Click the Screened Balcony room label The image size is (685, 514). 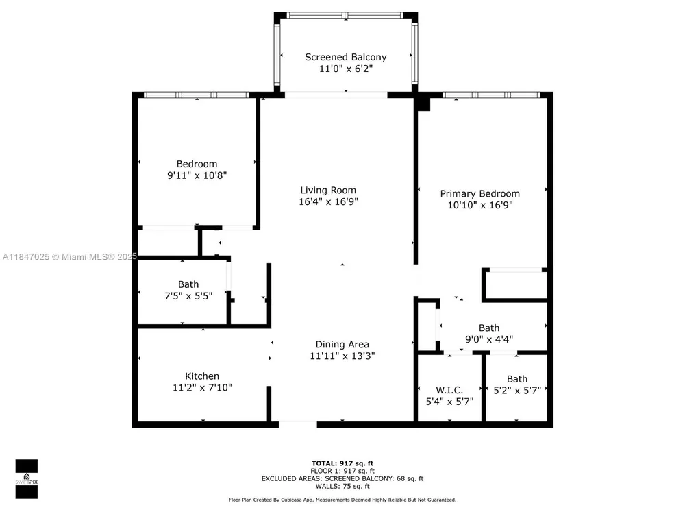[345, 57]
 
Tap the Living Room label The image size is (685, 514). [328, 190]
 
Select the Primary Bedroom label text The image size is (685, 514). [480, 194]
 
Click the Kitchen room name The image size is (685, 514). [202, 376]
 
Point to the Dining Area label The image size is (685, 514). [342, 345]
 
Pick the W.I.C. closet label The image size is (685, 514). [449, 390]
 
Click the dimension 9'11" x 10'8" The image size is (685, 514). [197, 175]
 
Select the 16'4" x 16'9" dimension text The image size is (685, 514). [328, 201]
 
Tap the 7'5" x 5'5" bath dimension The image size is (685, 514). [188, 296]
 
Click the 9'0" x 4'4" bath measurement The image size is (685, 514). [489, 339]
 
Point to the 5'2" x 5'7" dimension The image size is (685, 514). [516, 391]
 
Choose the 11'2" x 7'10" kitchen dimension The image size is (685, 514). [202, 387]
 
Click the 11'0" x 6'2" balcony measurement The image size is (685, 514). [345, 69]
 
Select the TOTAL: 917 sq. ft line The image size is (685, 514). [342, 463]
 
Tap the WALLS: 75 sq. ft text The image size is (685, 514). [342, 486]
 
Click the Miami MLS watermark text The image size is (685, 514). [70, 257]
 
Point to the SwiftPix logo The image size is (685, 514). [27, 479]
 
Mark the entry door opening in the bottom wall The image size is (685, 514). [297, 424]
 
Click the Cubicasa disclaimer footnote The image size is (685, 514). [342, 500]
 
